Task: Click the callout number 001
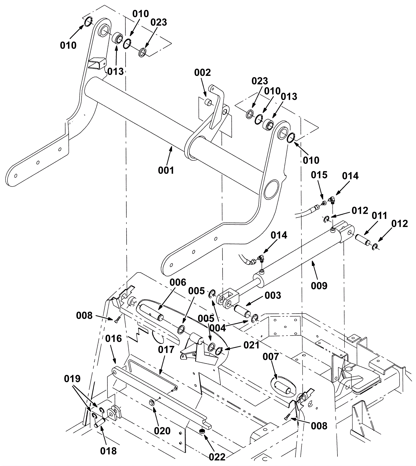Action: click(x=166, y=170)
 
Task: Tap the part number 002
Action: click(x=203, y=72)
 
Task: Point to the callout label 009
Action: click(x=319, y=286)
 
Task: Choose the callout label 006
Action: click(x=178, y=282)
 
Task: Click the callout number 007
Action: click(x=271, y=357)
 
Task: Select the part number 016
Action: click(x=114, y=338)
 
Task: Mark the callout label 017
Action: click(x=166, y=350)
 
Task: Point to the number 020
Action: click(x=162, y=431)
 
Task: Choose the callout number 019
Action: click(x=72, y=379)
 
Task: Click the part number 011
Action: click(x=379, y=216)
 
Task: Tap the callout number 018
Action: click(x=108, y=451)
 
